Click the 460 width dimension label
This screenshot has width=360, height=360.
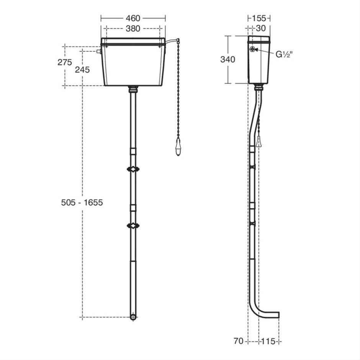pos(133,18)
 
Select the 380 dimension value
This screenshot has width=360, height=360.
pos(133,28)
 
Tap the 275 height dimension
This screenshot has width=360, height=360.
pos(65,62)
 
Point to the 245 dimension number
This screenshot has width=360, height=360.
pos(82,69)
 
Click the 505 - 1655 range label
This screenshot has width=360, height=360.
pos(82,202)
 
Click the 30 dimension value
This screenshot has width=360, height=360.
pos(261,28)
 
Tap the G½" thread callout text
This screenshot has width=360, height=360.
pos(284,54)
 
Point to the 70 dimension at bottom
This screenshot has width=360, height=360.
pos(238,341)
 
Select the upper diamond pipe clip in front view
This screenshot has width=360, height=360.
pos(133,169)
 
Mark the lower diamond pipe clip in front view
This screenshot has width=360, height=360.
pos(133,226)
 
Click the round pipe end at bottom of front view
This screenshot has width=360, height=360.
pos(133,317)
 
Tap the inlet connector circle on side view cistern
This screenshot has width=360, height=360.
pos(253,50)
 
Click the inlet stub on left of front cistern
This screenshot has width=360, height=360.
pos(99,51)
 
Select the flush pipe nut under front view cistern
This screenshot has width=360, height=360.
pos(133,89)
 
